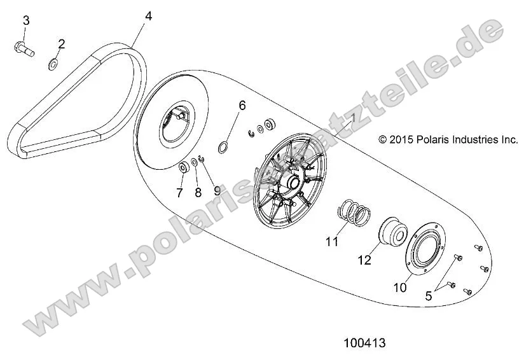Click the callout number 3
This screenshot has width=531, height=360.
tap(26, 20)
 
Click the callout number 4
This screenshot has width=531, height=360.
tap(148, 15)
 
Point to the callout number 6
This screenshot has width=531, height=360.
tap(242, 104)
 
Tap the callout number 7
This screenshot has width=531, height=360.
tap(179, 191)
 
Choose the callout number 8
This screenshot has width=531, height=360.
tap(198, 191)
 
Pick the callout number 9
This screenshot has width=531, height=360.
tap(216, 190)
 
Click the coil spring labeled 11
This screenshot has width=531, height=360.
tap(355, 212)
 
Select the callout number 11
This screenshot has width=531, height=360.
tap(331, 242)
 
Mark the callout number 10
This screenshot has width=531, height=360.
tap(399, 287)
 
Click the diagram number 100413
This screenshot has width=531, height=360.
tap(364, 343)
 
